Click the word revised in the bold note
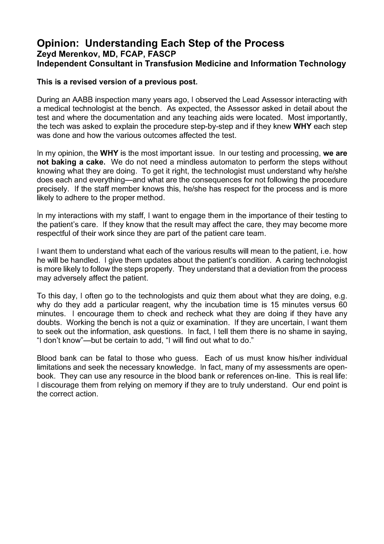[x=84, y=82]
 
